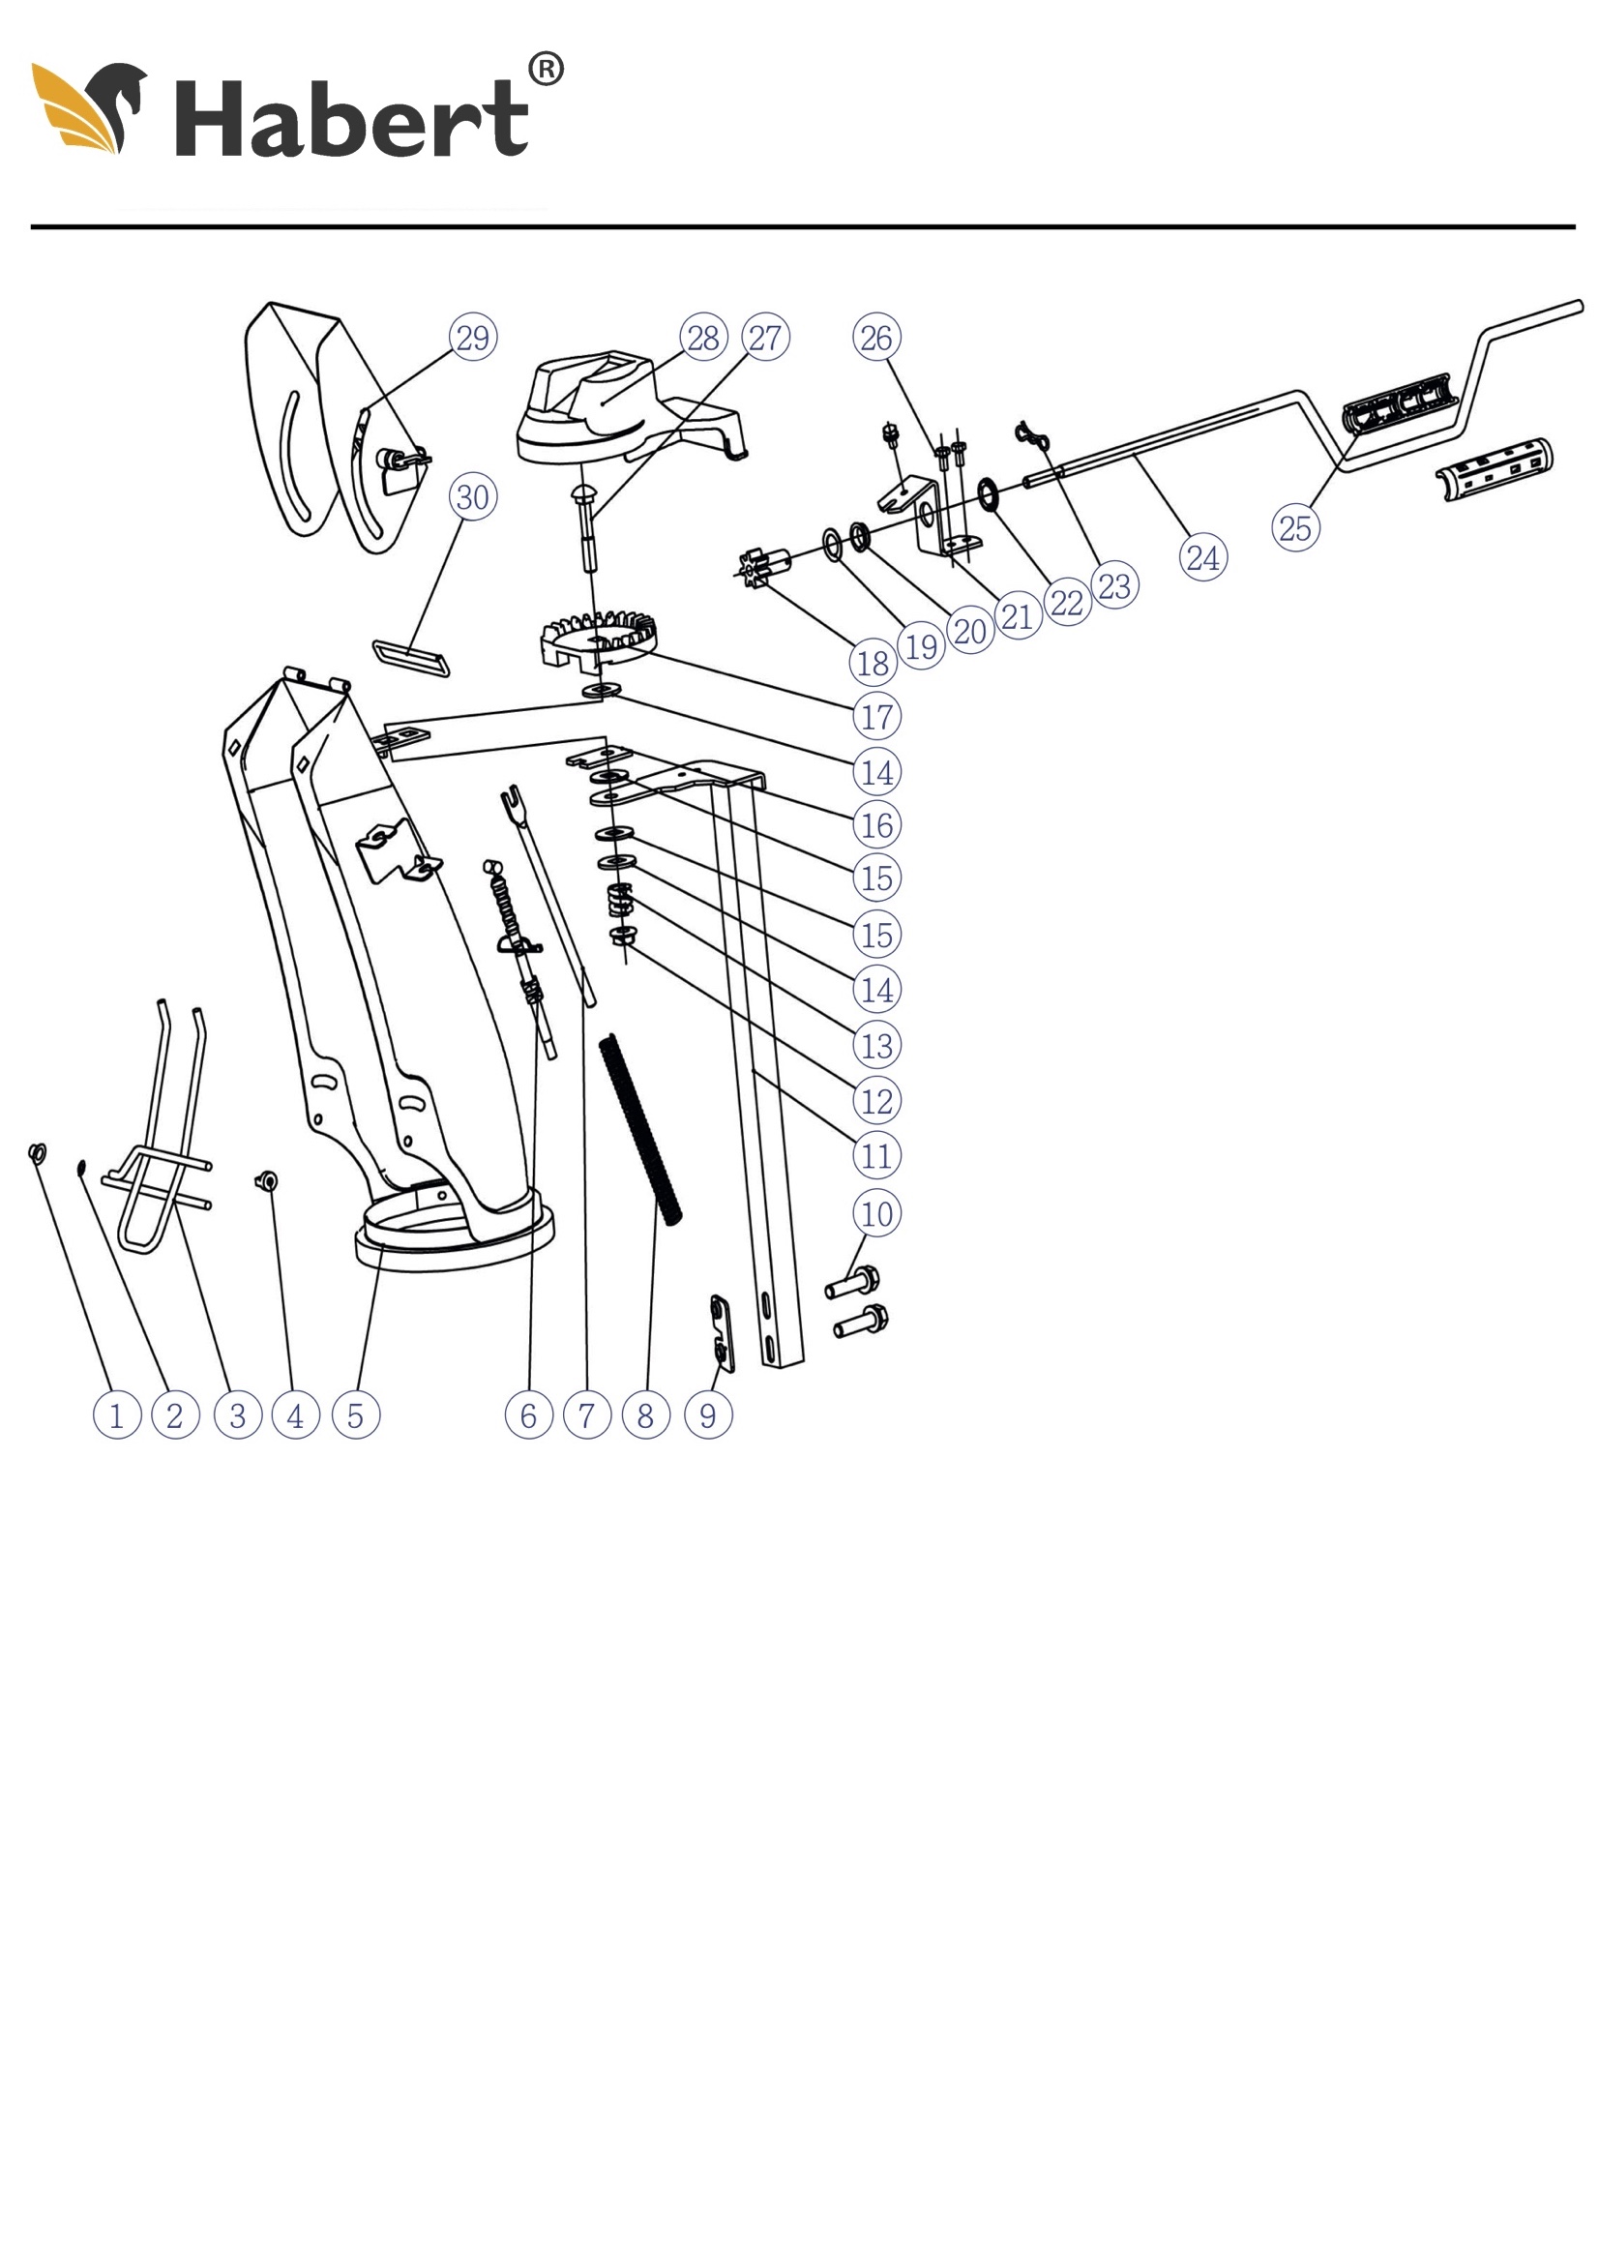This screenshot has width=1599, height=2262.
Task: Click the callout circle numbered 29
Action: coord(473,337)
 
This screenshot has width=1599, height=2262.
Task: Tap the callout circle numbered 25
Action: coord(1294,527)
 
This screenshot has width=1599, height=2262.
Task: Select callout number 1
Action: coord(116,1414)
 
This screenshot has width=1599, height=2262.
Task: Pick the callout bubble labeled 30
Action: coord(473,495)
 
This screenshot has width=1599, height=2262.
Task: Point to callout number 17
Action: coord(875,716)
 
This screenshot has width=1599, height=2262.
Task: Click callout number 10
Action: coord(875,1213)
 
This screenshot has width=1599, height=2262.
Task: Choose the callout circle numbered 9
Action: coord(707,1414)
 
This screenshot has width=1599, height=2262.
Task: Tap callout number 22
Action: coord(1066,602)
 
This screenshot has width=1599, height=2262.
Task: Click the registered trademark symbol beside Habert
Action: coord(546,70)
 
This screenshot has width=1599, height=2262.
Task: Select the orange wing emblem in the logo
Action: coord(76,108)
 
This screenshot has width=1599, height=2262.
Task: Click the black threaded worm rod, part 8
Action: coord(640,1129)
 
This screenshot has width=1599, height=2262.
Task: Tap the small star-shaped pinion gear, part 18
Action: coord(755,570)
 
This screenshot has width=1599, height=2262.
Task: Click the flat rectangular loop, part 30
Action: coord(412,657)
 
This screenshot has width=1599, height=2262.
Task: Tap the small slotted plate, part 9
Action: coord(723,1331)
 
